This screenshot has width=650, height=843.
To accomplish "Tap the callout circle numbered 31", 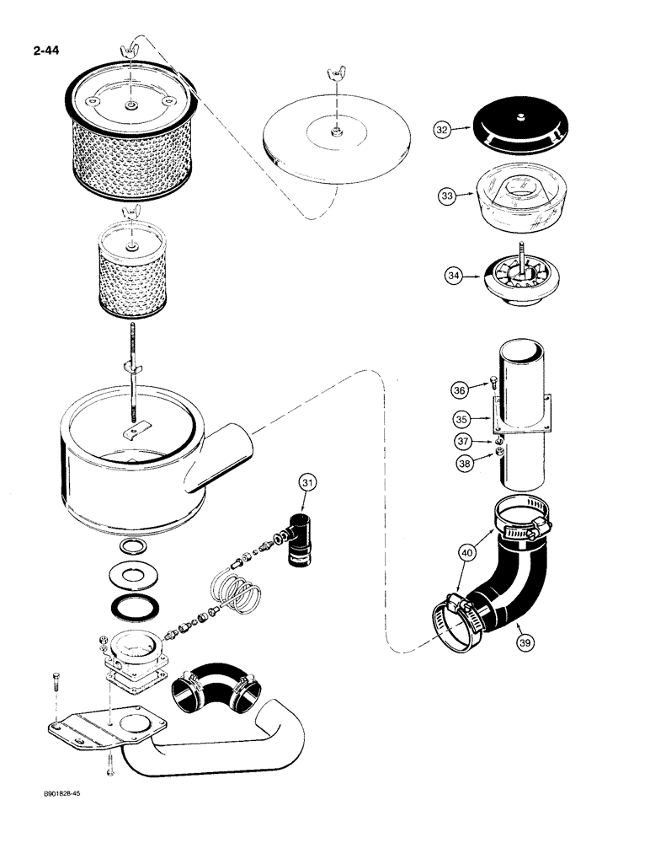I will pos(309,482).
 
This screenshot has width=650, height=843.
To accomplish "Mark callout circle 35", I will pos(459,417).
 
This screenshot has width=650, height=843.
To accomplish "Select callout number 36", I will pos(459,389).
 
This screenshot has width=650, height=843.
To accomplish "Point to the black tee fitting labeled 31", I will pos(297,540).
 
